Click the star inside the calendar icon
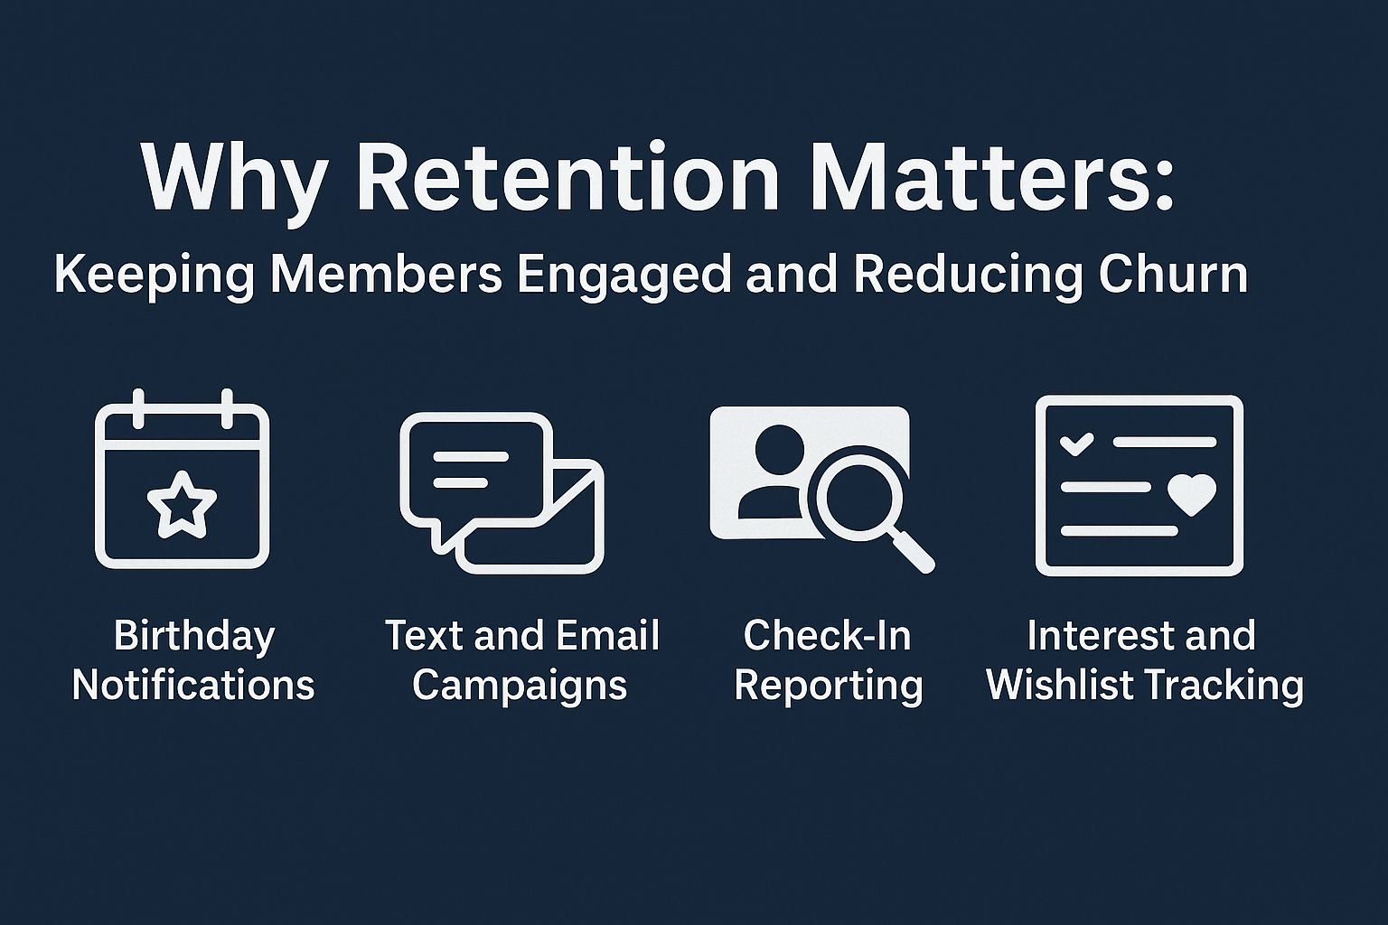[183, 504]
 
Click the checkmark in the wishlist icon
[1077, 443]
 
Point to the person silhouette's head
[780, 450]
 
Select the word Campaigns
[520, 687]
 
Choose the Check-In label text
[828, 635]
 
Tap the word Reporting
[829, 687]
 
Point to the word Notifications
[193, 685]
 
